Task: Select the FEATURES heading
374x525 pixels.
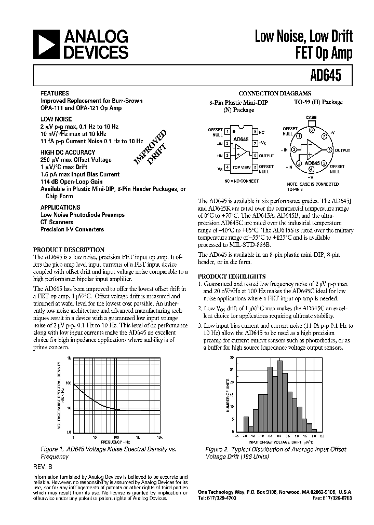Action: (55, 94)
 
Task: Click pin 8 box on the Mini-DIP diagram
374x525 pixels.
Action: (255, 132)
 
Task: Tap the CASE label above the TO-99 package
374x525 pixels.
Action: (311, 118)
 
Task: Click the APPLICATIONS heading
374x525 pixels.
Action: (61, 206)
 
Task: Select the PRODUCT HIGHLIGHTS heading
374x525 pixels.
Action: (232, 277)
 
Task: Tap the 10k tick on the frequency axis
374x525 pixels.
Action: (159, 437)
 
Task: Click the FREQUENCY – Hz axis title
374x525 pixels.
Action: (117, 441)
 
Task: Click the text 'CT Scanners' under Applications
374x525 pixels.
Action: (56, 222)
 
